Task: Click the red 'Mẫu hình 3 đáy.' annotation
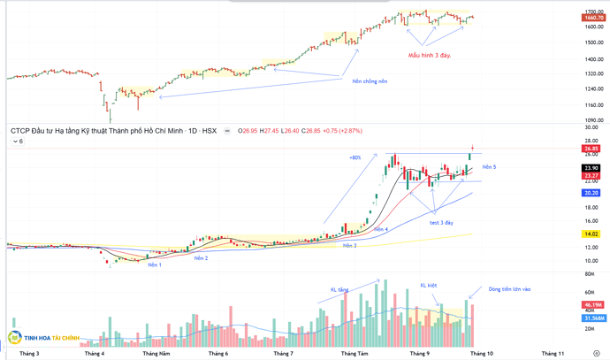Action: (430, 55)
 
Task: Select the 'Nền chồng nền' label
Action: (370, 81)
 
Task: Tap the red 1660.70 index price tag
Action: (593, 18)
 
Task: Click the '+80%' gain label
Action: (355, 157)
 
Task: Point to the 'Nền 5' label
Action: (489, 167)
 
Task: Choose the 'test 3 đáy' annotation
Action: (442, 223)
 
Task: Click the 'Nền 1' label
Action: (155, 264)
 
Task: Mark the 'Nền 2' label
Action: (201, 258)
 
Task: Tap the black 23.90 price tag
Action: (591, 168)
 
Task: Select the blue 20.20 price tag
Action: (591, 193)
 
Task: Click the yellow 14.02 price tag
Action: (591, 234)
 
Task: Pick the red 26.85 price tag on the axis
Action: (591, 149)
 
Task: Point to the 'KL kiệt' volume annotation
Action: (429, 286)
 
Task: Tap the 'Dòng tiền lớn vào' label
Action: (510, 288)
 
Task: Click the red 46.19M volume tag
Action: (593, 305)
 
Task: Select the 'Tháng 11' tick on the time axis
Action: (553, 354)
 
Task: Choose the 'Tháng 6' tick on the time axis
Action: (217, 354)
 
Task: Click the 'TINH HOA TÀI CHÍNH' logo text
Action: (52, 338)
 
